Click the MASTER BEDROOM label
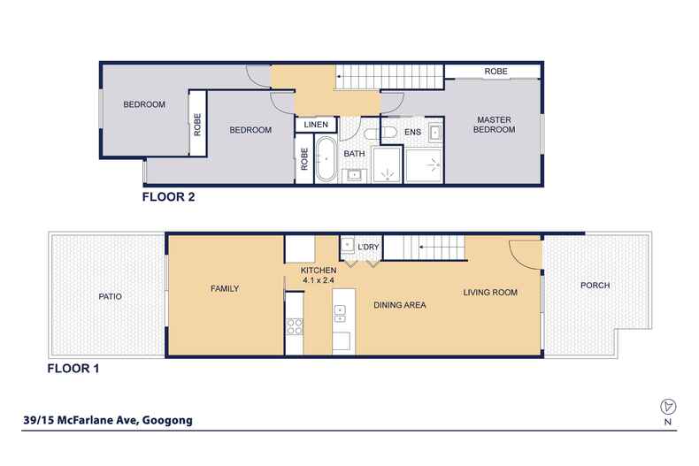tap(495, 125)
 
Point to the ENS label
tap(412, 133)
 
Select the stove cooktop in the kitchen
tap(293, 325)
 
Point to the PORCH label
tap(595, 286)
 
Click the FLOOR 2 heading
tap(168, 198)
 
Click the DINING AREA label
tap(399, 305)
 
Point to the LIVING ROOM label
tap(489, 292)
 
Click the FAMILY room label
tap(226, 288)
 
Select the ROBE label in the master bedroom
tap(494, 71)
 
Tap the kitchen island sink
tap(339, 310)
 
